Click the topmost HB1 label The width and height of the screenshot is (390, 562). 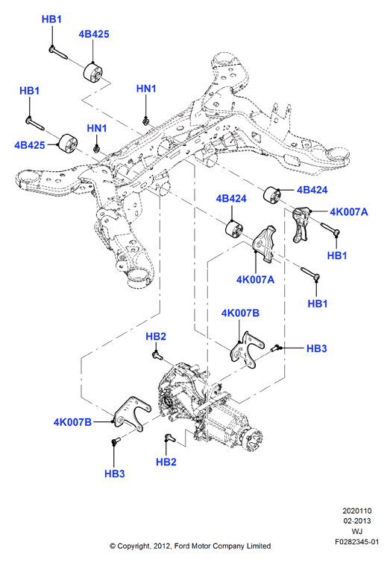(51, 19)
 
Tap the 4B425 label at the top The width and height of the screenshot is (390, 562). (94, 34)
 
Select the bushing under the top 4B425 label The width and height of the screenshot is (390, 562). (93, 73)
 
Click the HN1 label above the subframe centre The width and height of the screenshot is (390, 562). (146, 89)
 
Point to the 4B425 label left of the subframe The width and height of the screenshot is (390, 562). (29, 145)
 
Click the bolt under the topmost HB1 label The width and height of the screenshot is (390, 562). (58, 52)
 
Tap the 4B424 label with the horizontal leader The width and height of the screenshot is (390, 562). (312, 190)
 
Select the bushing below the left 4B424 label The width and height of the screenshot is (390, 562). (234, 229)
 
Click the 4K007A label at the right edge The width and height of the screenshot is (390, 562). (349, 212)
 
